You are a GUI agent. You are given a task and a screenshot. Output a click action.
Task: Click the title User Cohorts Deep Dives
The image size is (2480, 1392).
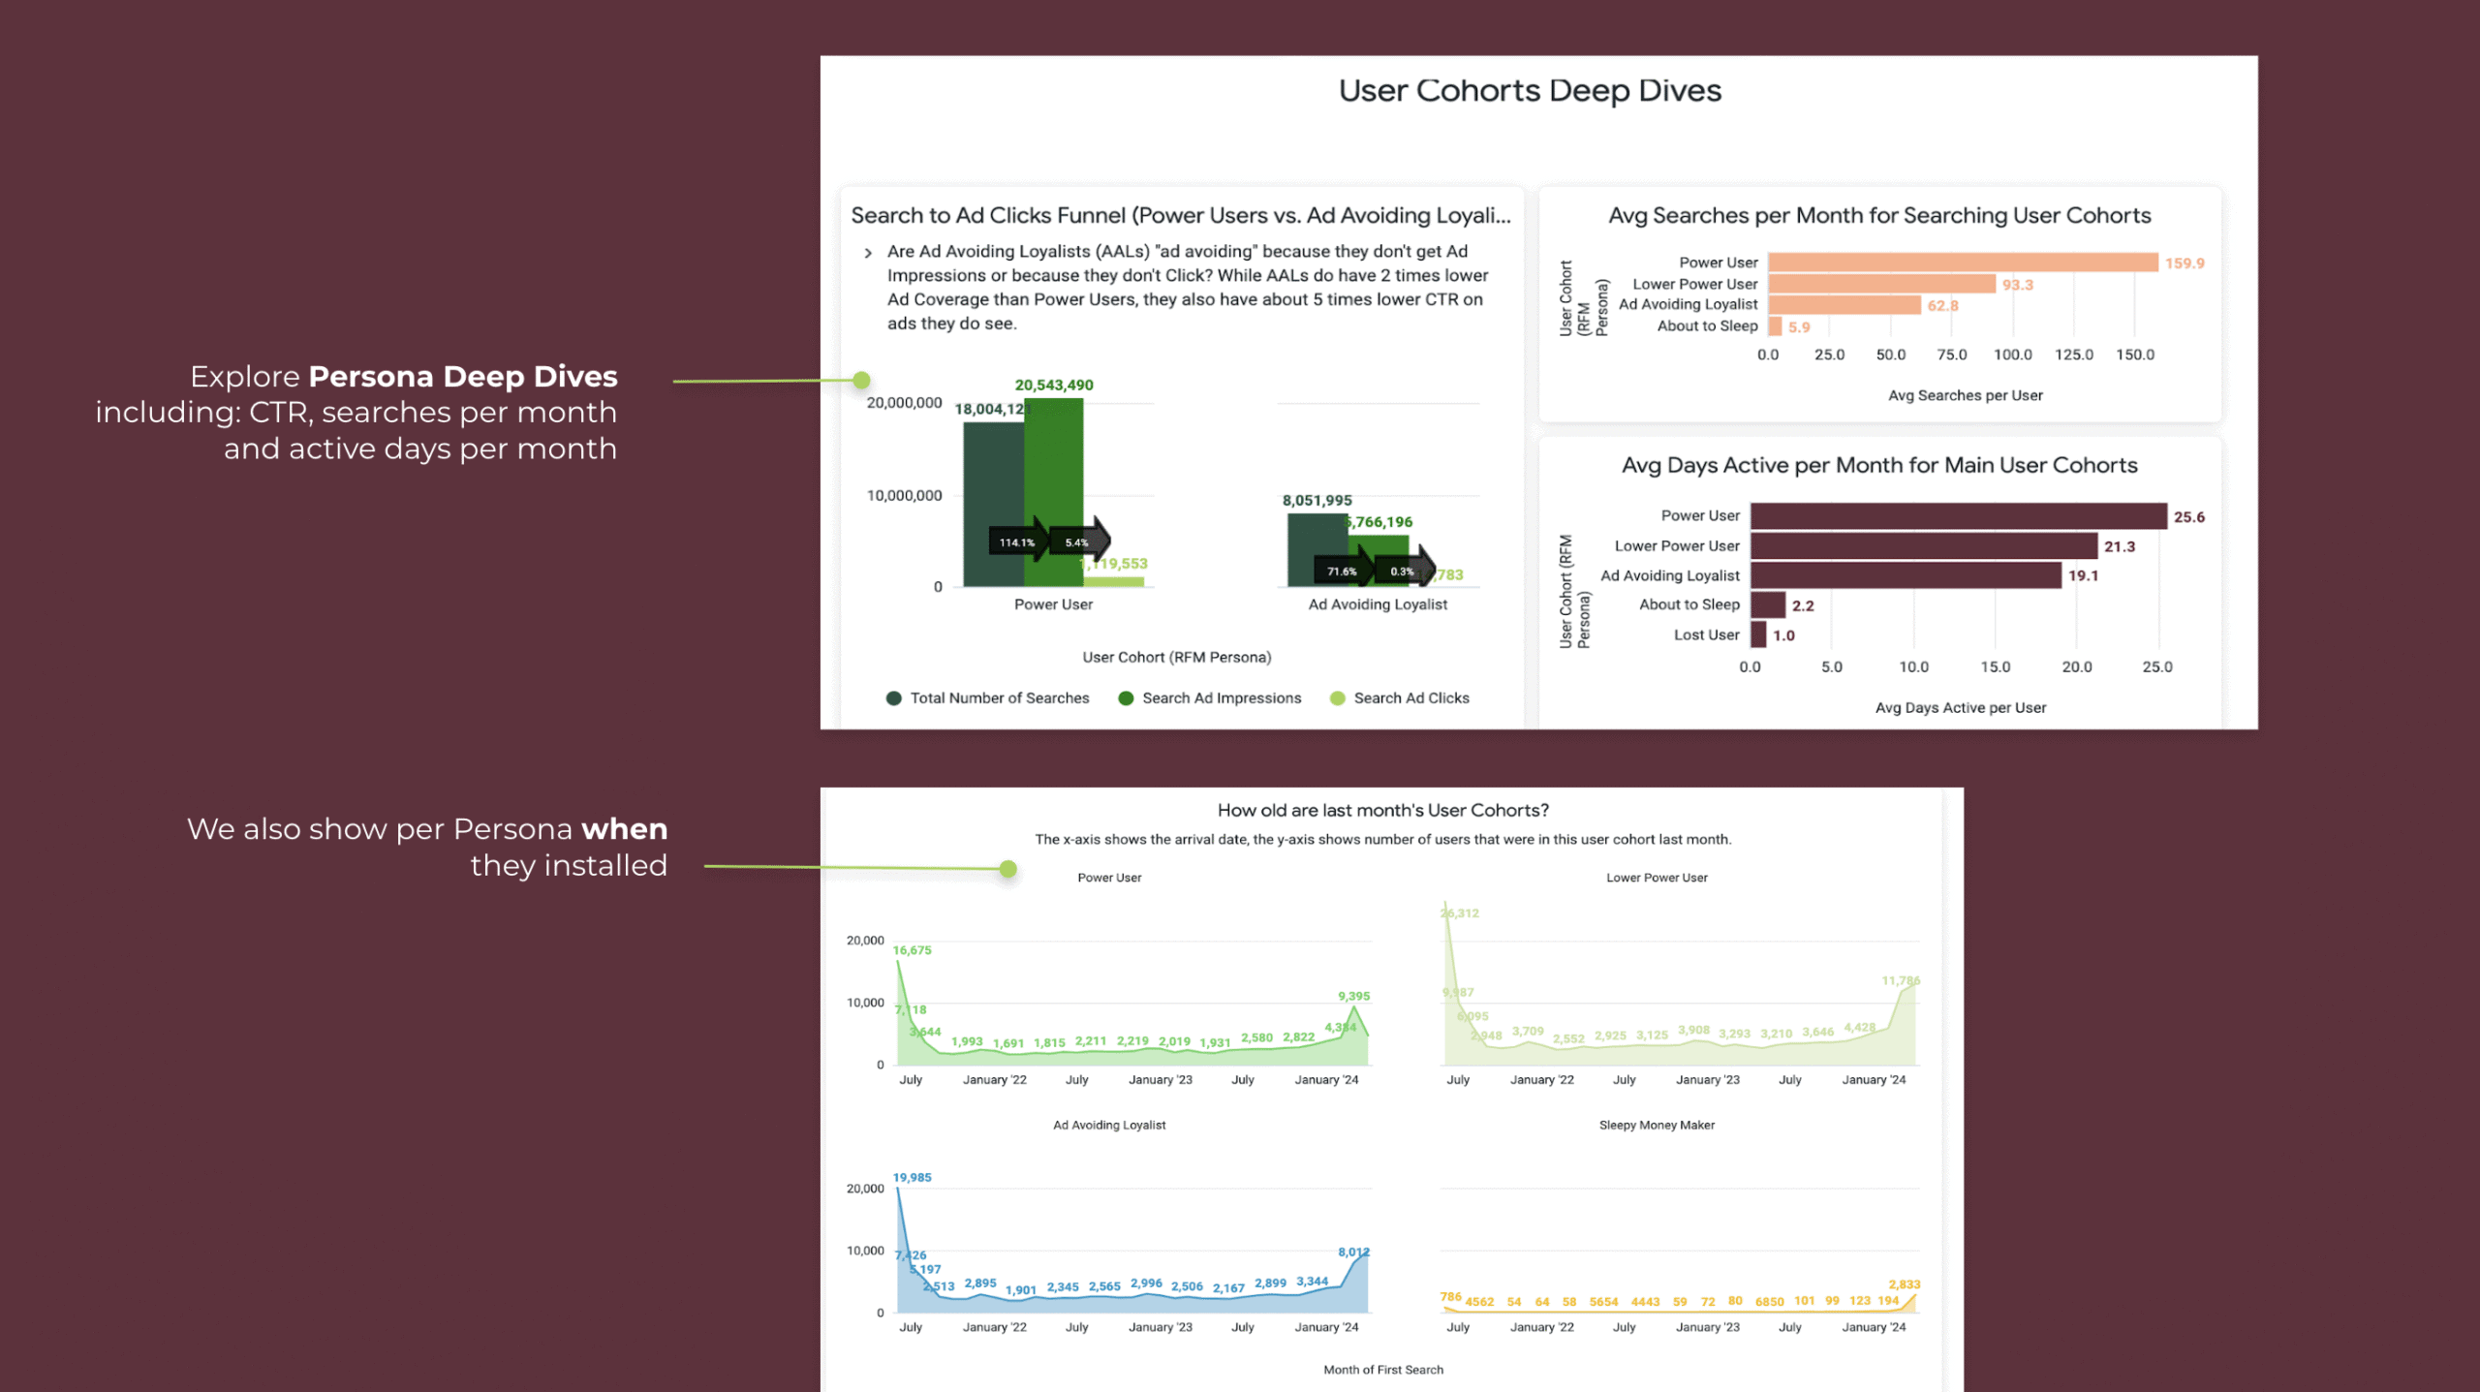(1530, 91)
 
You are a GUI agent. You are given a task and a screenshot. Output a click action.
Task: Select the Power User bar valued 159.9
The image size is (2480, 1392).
(1962, 263)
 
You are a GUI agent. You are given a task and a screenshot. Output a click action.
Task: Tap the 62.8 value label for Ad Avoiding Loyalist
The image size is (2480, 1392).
(1942, 306)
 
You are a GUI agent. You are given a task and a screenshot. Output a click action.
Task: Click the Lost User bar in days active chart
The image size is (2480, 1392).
(1758, 635)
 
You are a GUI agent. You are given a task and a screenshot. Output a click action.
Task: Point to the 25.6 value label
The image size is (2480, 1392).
(2188, 517)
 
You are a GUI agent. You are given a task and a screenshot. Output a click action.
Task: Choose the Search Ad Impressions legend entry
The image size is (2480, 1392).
(1221, 698)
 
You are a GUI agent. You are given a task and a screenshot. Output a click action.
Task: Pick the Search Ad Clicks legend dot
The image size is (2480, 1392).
(1338, 698)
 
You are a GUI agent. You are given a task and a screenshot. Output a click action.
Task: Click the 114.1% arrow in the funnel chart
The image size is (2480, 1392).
(1018, 542)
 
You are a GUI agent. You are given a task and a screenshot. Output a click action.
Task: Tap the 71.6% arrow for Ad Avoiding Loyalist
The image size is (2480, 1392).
(1343, 572)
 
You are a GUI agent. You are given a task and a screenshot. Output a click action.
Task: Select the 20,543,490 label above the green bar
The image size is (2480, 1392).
(1054, 386)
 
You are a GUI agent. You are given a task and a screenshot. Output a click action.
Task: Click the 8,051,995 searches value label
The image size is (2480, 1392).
(1317, 501)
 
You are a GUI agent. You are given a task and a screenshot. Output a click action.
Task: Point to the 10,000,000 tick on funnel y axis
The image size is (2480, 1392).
(904, 496)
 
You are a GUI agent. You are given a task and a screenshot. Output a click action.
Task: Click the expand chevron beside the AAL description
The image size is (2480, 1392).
(868, 254)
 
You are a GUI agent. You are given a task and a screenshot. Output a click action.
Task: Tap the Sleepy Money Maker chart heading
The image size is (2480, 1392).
(1657, 1126)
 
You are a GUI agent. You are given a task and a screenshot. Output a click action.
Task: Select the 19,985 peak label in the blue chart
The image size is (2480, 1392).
(912, 1178)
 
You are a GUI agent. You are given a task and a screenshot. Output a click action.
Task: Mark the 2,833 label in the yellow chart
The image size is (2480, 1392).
(1904, 1284)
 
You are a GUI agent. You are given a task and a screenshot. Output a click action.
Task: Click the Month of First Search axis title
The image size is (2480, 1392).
(1383, 1370)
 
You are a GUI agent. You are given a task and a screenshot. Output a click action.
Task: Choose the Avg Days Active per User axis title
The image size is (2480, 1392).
(1961, 708)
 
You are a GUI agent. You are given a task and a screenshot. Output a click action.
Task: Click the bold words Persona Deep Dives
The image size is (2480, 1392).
(463, 377)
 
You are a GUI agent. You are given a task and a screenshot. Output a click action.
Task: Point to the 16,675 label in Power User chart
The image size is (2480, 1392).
(912, 950)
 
